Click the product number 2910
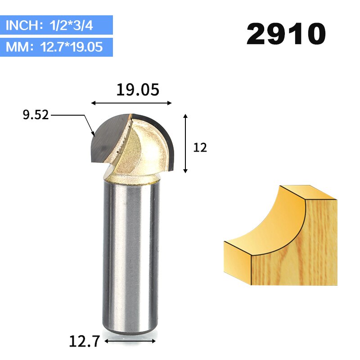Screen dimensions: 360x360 (x=286, y=34)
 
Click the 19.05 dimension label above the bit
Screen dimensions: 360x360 (x=138, y=90)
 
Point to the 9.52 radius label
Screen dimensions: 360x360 (x=36, y=115)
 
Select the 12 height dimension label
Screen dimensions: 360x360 (x=200, y=148)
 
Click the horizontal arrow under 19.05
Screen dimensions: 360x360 (x=131, y=103)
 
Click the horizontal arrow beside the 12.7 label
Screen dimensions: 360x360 (x=130, y=341)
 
